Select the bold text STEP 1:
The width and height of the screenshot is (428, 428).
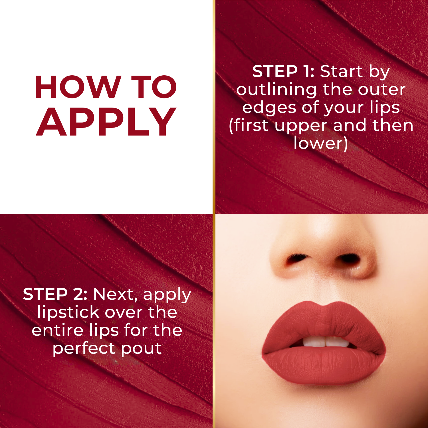tap(283, 71)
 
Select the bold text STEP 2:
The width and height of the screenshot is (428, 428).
tap(55, 294)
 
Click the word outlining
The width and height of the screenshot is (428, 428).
tap(276, 90)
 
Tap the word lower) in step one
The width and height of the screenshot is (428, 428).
tap(321, 143)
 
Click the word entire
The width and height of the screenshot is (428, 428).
tap(57, 330)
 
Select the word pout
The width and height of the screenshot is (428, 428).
tap(142, 348)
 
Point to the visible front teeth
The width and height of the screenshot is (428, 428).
tap(325, 342)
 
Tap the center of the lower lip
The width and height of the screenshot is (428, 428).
tap(324, 367)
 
